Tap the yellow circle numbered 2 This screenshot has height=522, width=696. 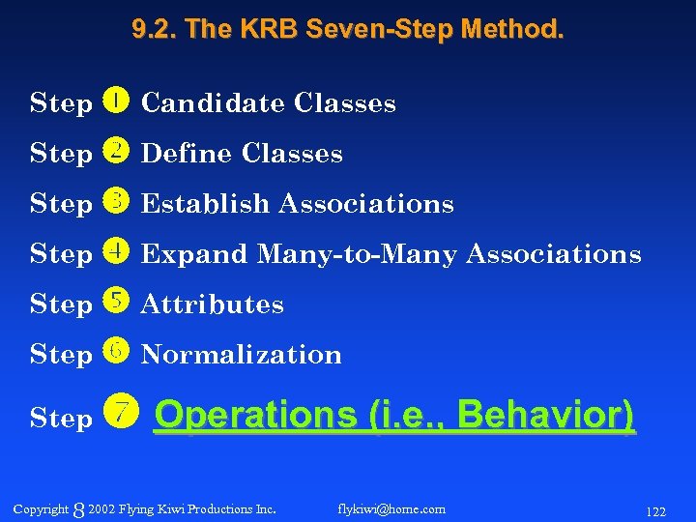(x=114, y=151)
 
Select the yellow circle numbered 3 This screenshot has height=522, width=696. (x=114, y=201)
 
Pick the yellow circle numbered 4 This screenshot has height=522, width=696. (x=114, y=251)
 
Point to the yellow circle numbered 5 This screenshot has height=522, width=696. (x=114, y=302)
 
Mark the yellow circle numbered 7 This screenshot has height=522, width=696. (x=120, y=414)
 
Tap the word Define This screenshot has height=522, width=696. (x=188, y=154)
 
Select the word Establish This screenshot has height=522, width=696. (x=206, y=204)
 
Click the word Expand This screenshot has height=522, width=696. (x=194, y=254)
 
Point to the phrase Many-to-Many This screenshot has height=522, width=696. (x=358, y=254)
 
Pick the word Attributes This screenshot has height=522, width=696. (x=213, y=304)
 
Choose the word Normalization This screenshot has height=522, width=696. (x=242, y=355)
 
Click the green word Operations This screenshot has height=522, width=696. (x=256, y=416)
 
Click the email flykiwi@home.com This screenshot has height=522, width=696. (x=391, y=508)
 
